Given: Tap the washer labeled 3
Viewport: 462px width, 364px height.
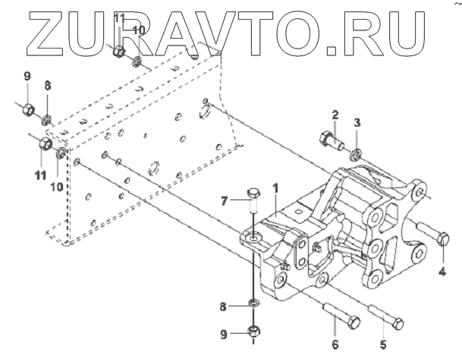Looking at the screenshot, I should [356, 155].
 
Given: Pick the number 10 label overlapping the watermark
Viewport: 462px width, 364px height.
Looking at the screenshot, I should [138, 30].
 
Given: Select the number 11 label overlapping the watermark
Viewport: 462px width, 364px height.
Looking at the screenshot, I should [120, 17].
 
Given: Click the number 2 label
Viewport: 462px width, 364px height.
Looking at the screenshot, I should [334, 114].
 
